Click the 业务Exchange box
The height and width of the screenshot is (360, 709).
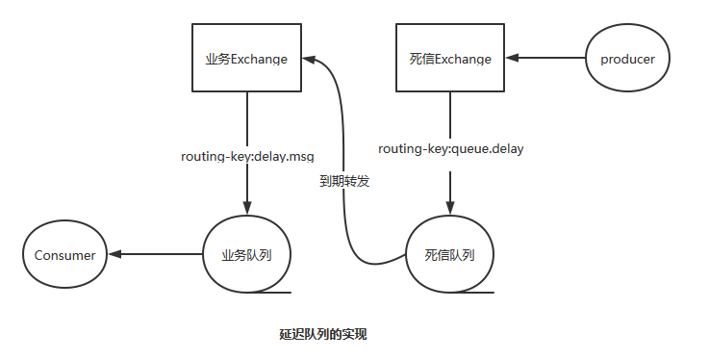tap(246, 59)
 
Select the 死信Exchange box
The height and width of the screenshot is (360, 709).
tap(449, 59)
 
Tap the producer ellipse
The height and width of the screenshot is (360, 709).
tap(627, 60)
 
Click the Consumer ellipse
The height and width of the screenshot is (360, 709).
tap(64, 255)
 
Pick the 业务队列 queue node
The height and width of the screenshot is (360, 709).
tap(247, 255)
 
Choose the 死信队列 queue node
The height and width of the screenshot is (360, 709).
tap(449, 255)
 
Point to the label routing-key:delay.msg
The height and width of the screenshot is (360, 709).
tap(247, 155)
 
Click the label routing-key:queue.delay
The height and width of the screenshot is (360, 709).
tap(450, 149)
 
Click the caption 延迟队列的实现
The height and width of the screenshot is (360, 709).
tap(323, 335)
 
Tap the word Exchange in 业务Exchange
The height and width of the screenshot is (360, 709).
tap(260, 59)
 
